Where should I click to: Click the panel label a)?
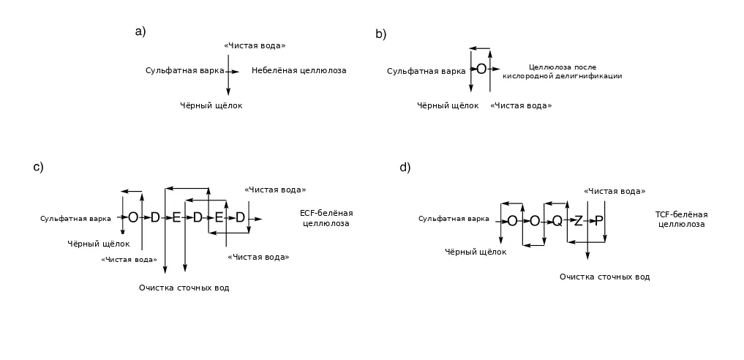pos(140,31)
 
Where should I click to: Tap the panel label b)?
pos(381,34)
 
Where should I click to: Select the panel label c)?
pos(39,167)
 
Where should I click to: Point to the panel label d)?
pos(405,168)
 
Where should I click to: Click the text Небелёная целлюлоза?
pos(299,71)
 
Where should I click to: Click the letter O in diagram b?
pos(481,70)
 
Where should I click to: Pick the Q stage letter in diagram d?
pos(557,221)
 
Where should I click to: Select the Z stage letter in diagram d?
pos(578,221)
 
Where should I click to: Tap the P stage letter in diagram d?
pos(599,221)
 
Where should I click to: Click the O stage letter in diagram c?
pos(133,218)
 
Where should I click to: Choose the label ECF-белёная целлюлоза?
pos(326,218)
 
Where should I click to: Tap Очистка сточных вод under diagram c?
pos(184,288)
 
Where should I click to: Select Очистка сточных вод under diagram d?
pos(604,277)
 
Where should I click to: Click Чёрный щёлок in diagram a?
pos(211,106)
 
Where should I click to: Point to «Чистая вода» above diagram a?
pos(255,45)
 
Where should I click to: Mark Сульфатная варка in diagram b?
pos(426,72)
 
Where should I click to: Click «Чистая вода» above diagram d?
pos(615,191)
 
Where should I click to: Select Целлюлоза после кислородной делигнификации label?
pos(563,72)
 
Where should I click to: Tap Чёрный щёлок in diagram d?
pos(476,252)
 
